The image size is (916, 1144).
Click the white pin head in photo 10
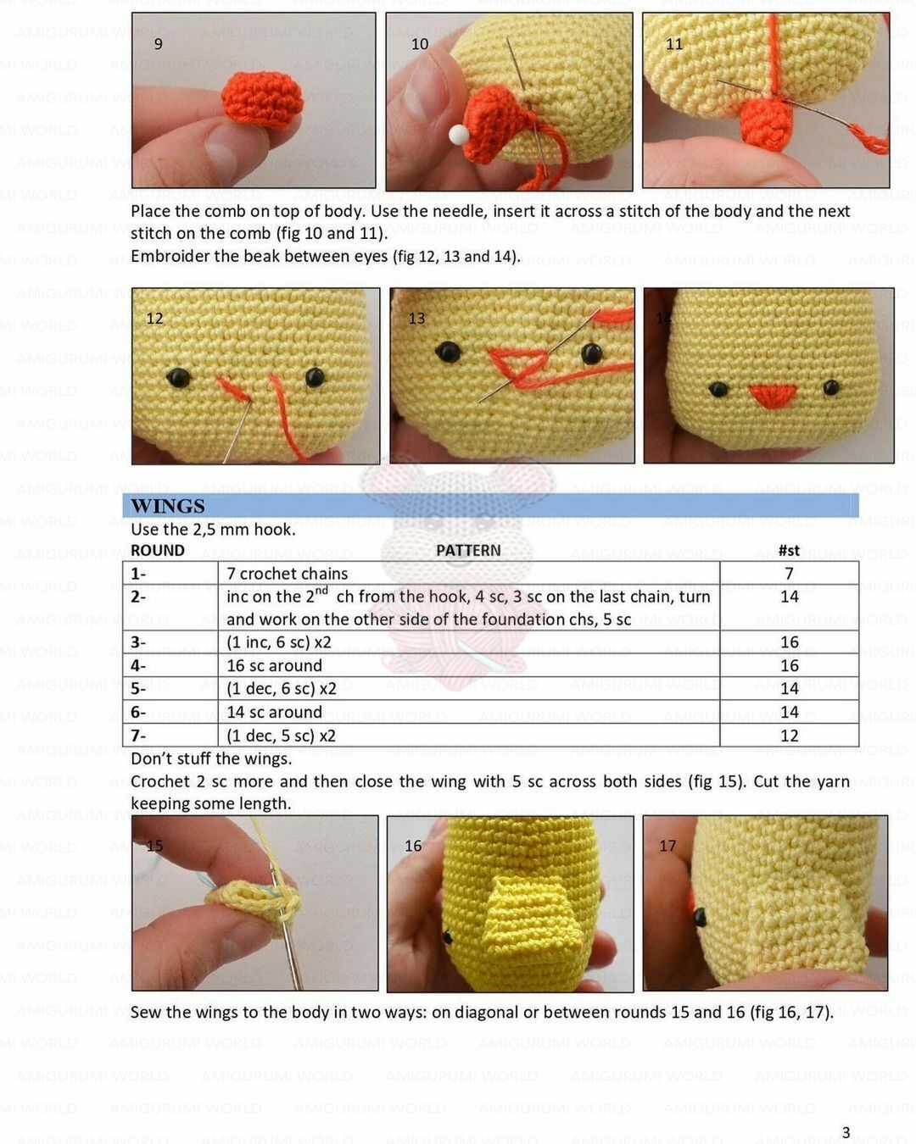459,135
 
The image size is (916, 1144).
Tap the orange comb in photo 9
262,101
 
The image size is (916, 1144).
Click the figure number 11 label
674,44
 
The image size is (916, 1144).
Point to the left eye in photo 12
178,377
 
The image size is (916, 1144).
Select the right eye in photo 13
592,353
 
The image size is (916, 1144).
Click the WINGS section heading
168,506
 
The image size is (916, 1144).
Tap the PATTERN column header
468,550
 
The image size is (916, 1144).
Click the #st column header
789,550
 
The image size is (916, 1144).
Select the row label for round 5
138,688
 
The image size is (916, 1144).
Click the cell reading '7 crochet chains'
287,574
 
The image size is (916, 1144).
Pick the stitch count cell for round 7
790,736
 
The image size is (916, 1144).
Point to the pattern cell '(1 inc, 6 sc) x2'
279,642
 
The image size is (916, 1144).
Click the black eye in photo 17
700,916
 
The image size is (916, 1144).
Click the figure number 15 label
154,846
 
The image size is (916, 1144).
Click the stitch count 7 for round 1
790,574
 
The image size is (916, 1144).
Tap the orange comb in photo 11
767,123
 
